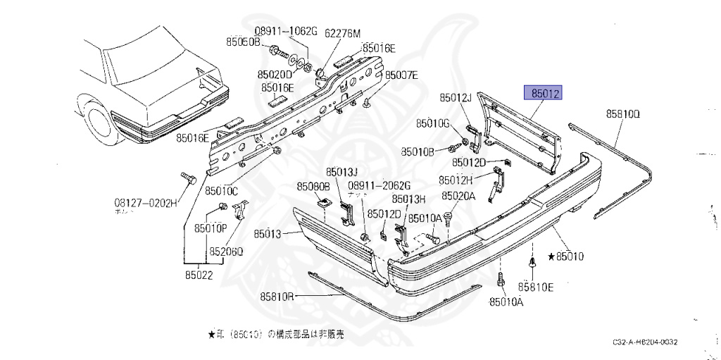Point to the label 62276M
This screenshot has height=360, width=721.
[x=343, y=33]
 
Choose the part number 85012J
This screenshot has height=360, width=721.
[x=455, y=97]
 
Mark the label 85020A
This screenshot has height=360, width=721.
[x=458, y=197]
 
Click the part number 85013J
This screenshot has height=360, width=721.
[x=342, y=172]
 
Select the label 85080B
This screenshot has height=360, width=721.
[x=313, y=187]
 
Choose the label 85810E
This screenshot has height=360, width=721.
[x=536, y=287]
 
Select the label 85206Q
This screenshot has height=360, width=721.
[x=225, y=252]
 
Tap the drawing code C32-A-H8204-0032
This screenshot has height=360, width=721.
[x=644, y=342]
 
